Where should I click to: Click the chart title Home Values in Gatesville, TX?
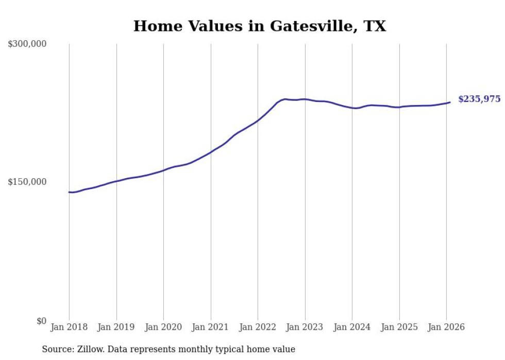(259, 26)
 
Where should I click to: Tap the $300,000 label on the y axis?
(27, 44)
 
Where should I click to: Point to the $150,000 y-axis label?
(27, 182)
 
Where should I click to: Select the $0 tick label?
(41, 321)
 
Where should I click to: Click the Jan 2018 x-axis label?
(69, 328)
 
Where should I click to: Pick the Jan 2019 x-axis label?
(116, 328)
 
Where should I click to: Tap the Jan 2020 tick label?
(163, 328)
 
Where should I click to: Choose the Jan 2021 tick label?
(211, 328)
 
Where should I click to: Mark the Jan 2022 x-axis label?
(258, 328)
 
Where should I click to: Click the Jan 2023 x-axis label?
(305, 328)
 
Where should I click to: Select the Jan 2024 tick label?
(352, 328)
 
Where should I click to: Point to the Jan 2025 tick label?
(399, 328)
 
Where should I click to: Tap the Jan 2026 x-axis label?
(446, 328)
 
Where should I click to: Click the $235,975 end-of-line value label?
(479, 99)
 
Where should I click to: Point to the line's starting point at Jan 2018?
(69, 192)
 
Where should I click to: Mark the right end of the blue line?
(450, 102)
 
